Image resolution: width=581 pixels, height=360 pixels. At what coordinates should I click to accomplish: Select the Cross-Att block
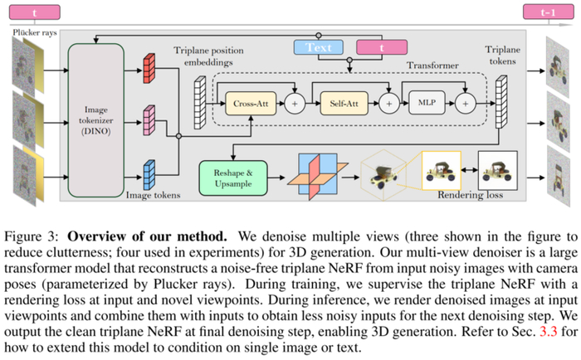click(x=249, y=105)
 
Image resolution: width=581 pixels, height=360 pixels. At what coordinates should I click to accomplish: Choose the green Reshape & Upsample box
click(x=232, y=178)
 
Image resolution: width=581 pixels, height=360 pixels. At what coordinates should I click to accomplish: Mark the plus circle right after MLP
click(x=466, y=105)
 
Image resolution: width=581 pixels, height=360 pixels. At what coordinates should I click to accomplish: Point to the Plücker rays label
click(x=35, y=32)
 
